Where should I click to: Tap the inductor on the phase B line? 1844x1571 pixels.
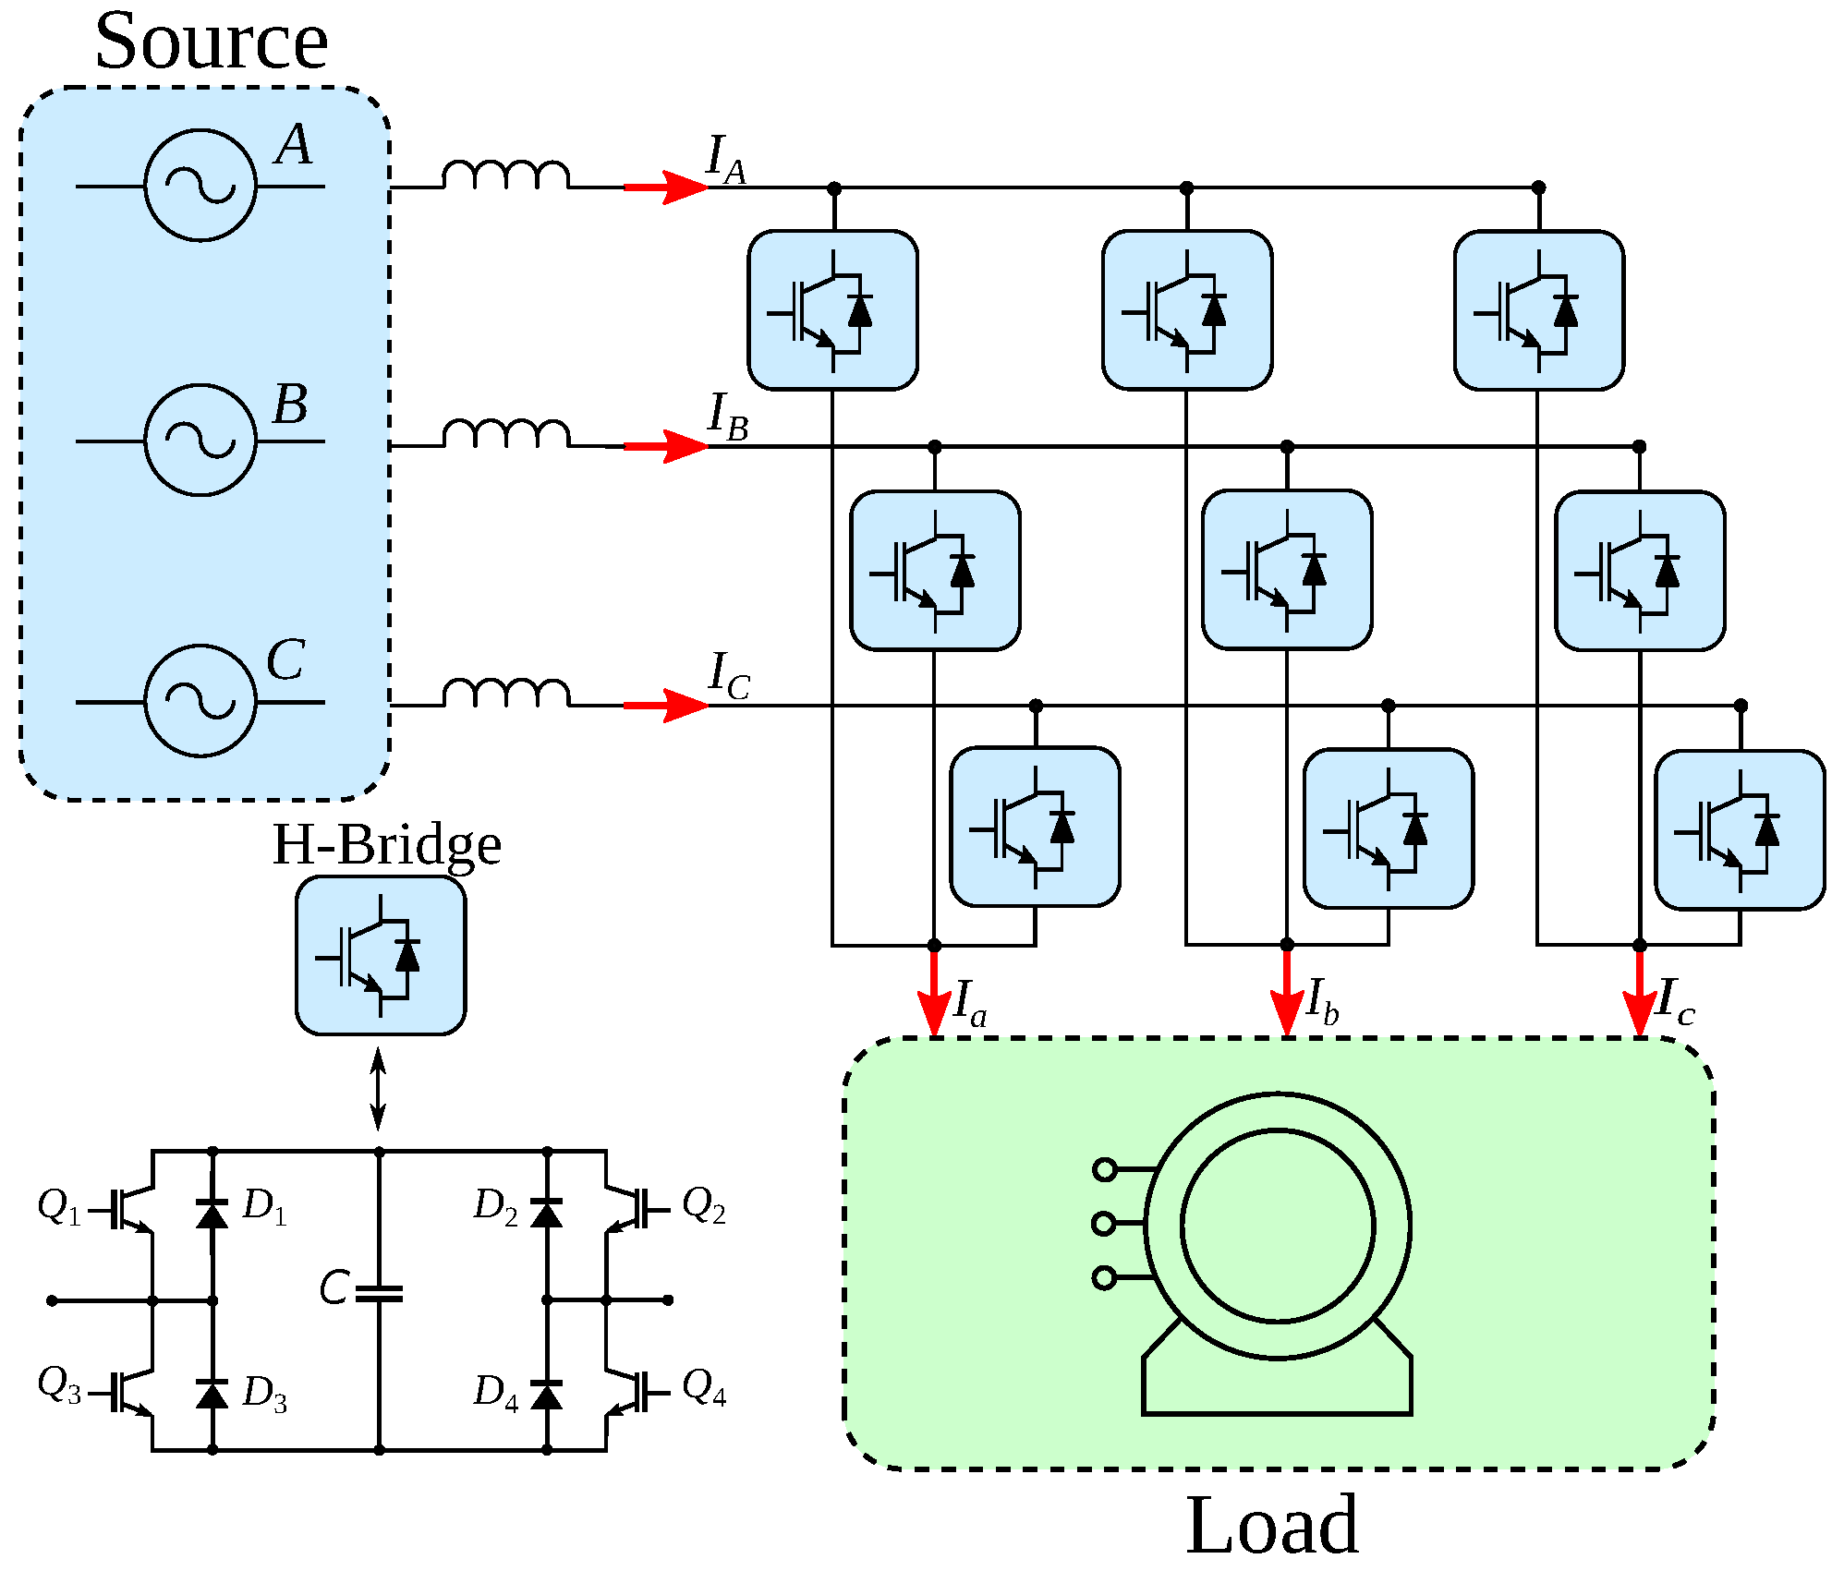(x=506, y=434)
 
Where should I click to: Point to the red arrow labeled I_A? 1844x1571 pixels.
(x=666, y=187)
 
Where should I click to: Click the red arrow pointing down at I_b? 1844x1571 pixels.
(x=1287, y=992)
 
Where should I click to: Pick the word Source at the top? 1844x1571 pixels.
(x=212, y=42)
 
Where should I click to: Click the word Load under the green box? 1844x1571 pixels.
(x=1272, y=1525)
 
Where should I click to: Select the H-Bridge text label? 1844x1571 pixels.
(x=387, y=844)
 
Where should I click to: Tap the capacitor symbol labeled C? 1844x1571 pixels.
(x=380, y=1293)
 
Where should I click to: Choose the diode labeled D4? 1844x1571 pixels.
(x=547, y=1394)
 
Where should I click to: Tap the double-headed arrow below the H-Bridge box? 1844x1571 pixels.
(x=378, y=1089)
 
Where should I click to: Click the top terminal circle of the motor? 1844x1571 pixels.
(x=1104, y=1169)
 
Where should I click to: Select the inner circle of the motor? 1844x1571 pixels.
(x=1278, y=1130)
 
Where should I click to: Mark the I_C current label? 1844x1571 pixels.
(x=729, y=676)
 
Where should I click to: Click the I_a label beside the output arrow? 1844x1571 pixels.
(x=970, y=1003)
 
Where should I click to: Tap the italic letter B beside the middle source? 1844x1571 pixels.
(x=290, y=405)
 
